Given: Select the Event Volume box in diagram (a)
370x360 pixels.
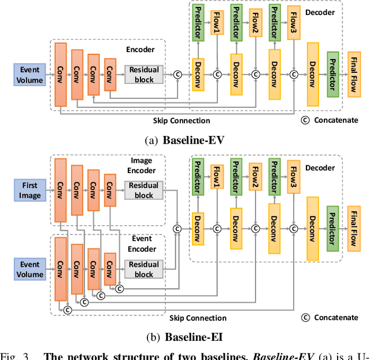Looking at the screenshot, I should [x=29, y=75].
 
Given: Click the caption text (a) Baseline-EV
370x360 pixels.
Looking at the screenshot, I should [x=184, y=139].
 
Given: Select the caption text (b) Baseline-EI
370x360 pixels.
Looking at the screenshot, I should [x=184, y=336].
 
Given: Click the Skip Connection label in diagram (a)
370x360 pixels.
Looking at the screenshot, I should [x=182, y=120].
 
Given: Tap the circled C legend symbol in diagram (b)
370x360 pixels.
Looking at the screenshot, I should [x=305, y=317].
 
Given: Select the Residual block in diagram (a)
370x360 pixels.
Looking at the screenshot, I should [x=143, y=74].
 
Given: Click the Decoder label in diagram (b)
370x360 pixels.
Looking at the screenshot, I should [x=320, y=168].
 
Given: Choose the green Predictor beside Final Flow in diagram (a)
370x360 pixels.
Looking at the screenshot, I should [x=332, y=74].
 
